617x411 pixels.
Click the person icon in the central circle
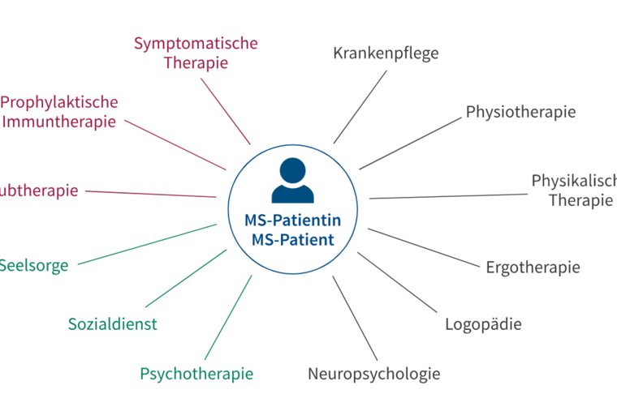[292, 182]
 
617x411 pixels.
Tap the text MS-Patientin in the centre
[292, 220]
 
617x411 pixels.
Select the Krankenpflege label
[386, 54]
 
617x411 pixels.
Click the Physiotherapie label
[520, 112]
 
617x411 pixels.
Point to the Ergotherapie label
[533, 267]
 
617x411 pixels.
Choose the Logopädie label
[483, 324]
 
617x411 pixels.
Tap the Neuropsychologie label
[373, 374]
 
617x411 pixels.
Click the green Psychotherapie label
[196, 374]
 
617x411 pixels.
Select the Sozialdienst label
[113, 324]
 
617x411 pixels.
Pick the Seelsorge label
[34, 265]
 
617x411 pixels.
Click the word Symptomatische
[196, 43]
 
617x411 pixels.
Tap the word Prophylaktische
[59, 102]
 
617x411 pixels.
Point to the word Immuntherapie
[59, 122]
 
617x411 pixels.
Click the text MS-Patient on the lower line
[292, 240]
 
